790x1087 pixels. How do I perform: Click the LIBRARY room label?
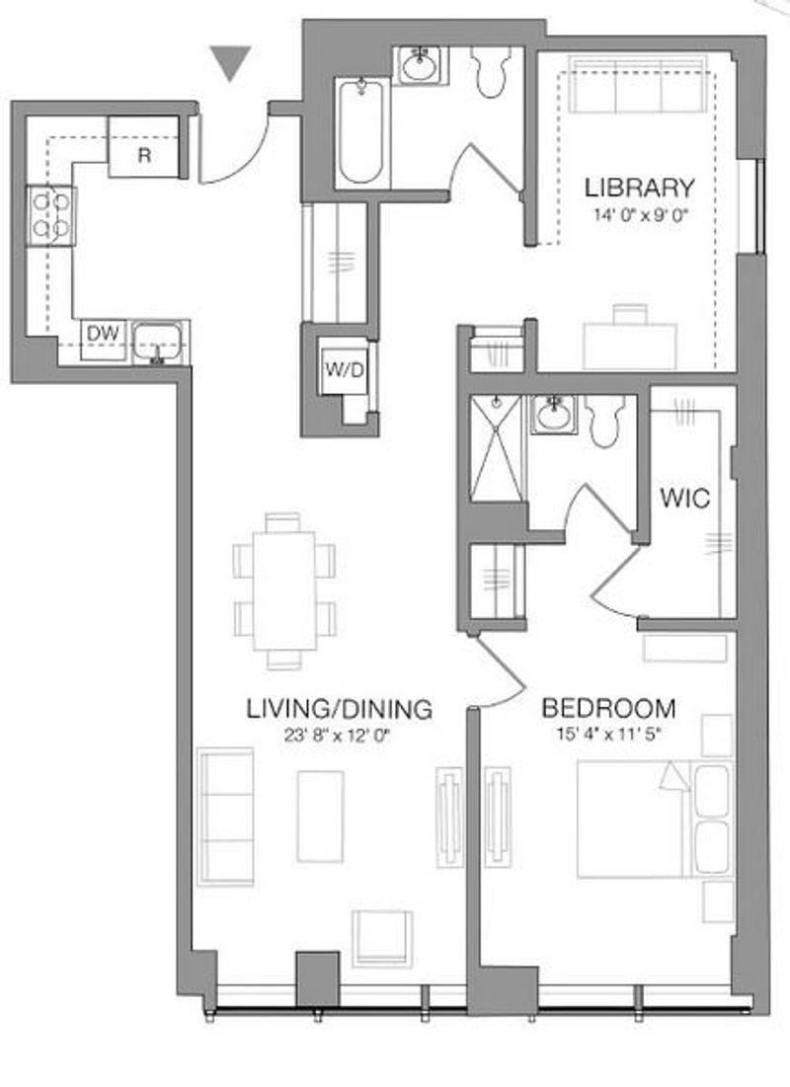tap(639, 188)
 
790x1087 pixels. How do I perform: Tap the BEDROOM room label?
tap(608, 708)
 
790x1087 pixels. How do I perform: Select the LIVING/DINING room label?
tap(339, 709)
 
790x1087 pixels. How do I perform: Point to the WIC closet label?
tap(684, 497)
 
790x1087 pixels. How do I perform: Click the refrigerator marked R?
tap(144, 147)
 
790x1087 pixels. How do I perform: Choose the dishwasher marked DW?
tap(104, 340)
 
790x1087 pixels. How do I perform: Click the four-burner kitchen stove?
tap(50, 215)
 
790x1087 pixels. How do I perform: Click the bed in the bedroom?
tap(655, 819)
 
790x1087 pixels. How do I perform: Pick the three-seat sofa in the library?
tap(638, 85)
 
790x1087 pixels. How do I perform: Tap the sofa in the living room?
tap(225, 816)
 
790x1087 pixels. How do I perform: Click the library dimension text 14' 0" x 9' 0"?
tap(639, 215)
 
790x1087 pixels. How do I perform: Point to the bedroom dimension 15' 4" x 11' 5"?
tap(608, 735)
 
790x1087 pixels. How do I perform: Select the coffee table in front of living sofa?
tap(320, 815)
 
